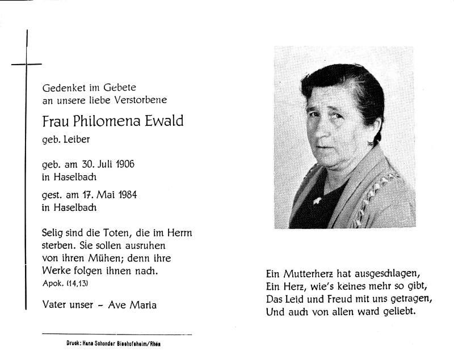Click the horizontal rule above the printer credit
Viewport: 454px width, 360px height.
tap(117, 335)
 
